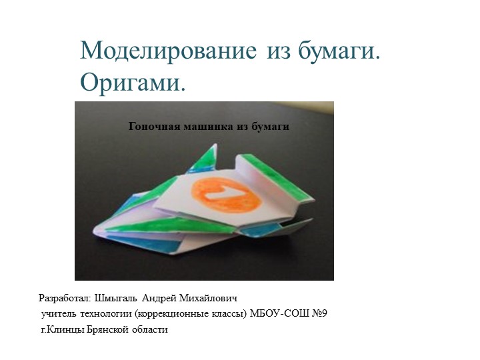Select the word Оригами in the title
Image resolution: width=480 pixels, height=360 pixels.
129,83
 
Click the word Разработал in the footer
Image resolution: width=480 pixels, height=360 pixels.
66,298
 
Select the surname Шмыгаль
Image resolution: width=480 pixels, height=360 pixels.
117,298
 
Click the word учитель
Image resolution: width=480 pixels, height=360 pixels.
59,313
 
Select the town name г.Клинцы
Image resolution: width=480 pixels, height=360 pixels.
63,329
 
